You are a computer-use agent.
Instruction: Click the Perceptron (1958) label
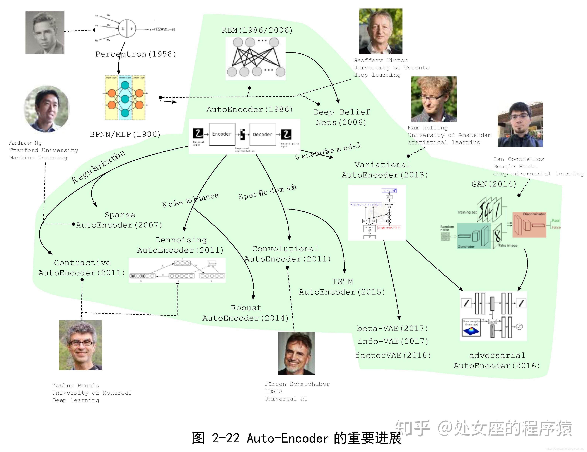pyautogui.click(x=136, y=54)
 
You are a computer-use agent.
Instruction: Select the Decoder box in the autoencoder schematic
pyautogui.click(x=263, y=134)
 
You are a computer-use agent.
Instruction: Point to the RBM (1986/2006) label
pyautogui.click(x=257, y=30)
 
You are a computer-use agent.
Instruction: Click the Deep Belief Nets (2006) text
pyautogui.click(x=342, y=117)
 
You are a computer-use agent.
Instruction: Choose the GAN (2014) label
pyautogui.click(x=494, y=184)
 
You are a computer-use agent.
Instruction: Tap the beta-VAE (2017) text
pyautogui.click(x=392, y=328)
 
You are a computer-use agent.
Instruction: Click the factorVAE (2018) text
pyautogui.click(x=393, y=355)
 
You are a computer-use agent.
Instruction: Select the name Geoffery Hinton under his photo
pyautogui.click(x=380, y=60)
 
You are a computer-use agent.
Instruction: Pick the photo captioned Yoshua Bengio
pyautogui.click(x=81, y=345)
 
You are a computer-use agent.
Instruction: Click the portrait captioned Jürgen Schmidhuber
pyautogui.click(x=296, y=353)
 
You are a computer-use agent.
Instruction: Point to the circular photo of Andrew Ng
pyautogui.click(x=47, y=109)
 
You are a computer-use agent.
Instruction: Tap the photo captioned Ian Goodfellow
pyautogui.click(x=520, y=124)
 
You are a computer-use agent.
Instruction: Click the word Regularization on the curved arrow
pyautogui.click(x=98, y=167)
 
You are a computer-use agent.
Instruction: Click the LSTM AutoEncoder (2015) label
pyautogui.click(x=342, y=287)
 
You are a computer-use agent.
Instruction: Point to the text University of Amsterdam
pyautogui.click(x=449, y=135)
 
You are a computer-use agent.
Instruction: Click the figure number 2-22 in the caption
pyautogui.click(x=226, y=438)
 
